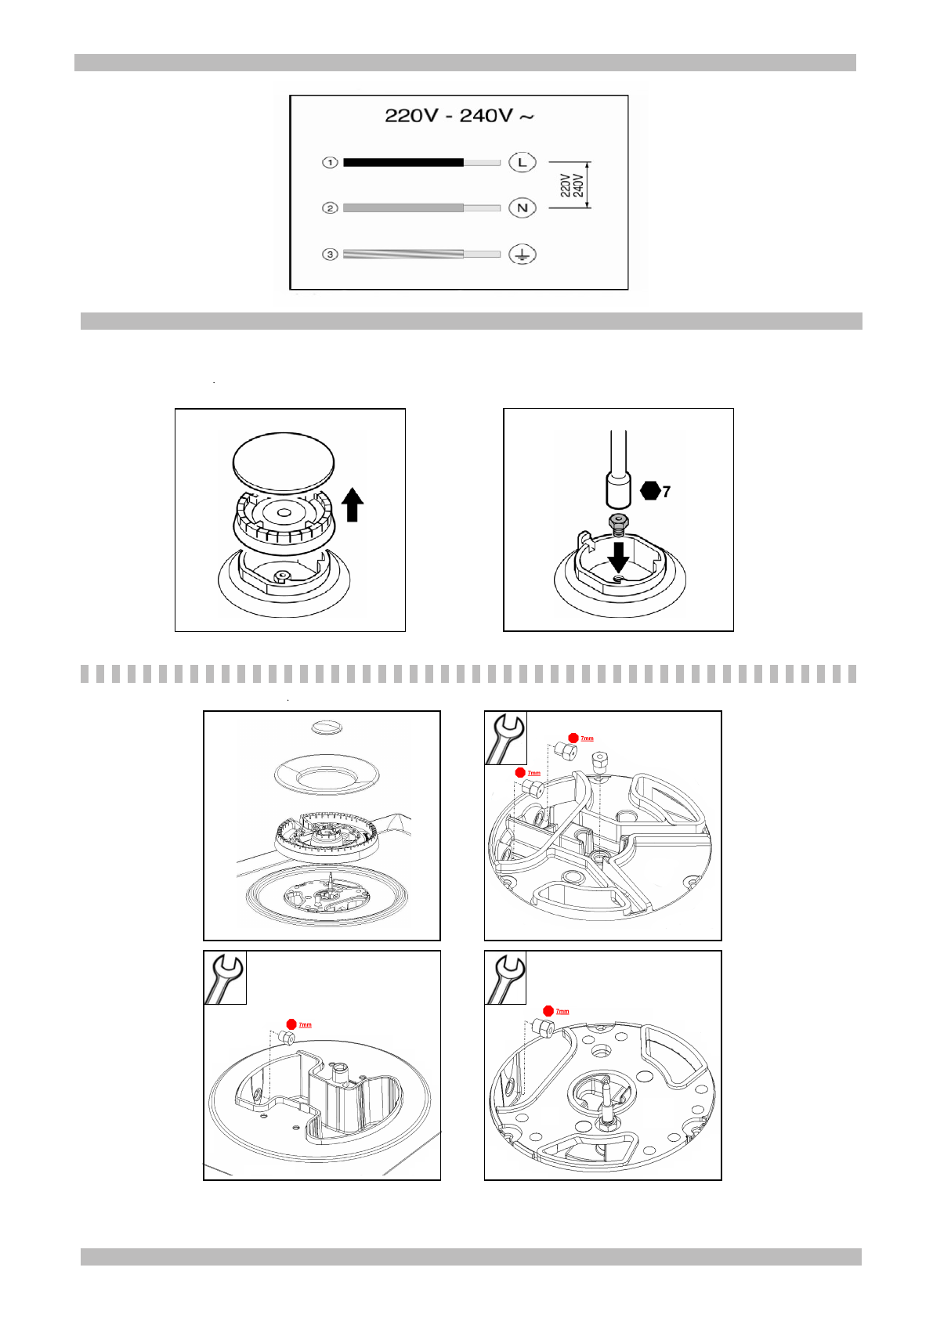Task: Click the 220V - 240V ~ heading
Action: point(459,116)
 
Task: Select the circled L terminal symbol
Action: point(523,162)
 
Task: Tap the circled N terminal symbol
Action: point(523,208)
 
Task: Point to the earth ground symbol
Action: point(523,255)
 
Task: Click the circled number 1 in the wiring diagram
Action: point(330,162)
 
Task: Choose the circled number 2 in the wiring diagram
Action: point(330,208)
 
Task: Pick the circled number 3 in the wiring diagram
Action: point(330,255)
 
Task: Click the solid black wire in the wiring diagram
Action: point(403,162)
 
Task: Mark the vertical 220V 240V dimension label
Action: point(572,186)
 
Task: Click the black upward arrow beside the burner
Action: point(353,504)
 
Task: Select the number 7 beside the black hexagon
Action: point(667,492)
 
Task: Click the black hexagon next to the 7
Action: point(650,491)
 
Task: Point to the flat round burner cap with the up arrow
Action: point(284,462)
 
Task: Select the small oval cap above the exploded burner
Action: point(327,728)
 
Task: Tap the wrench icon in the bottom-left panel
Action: point(225,977)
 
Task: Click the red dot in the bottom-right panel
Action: point(548,1011)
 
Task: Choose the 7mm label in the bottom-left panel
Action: point(305,1024)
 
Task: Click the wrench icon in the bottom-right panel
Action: point(506,977)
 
